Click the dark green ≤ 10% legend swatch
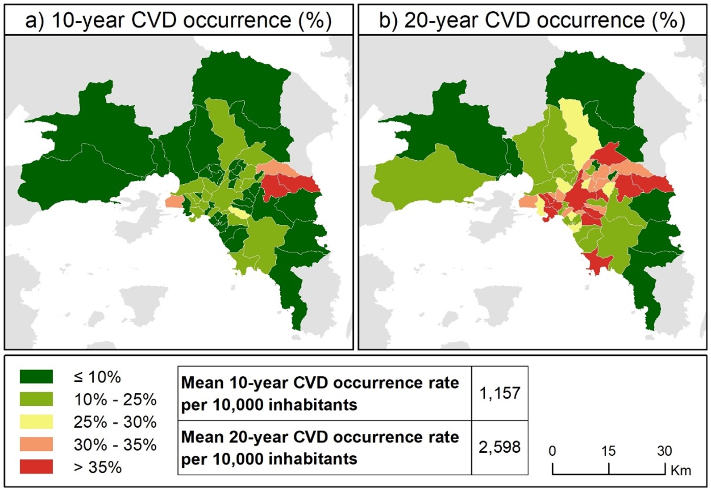36,376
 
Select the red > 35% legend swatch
36,467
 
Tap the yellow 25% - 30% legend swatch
36,421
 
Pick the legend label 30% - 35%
115,445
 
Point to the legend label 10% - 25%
115,399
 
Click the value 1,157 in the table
499,393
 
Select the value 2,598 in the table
499,447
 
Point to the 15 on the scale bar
608,451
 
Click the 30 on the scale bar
664,451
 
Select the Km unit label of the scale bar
681,470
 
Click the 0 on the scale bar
552,451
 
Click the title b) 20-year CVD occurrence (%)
532,21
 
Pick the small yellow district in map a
239,213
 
